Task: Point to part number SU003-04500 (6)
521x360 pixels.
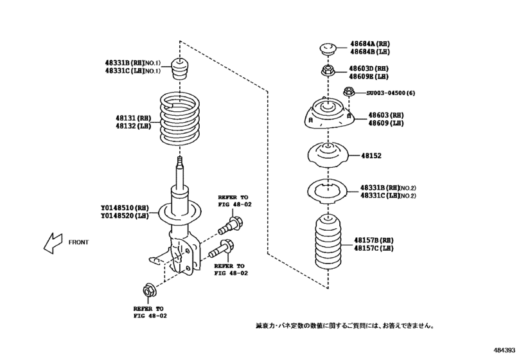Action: click(391, 93)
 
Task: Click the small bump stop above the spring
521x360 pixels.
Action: click(180, 67)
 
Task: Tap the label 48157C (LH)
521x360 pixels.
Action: click(373, 248)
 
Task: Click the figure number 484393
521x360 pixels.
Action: click(504, 350)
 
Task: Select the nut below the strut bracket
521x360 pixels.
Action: click(148, 291)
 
